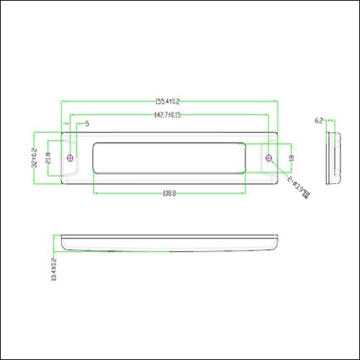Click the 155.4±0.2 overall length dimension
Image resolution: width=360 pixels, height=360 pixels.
168,102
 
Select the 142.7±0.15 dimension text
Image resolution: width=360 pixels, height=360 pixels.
167,114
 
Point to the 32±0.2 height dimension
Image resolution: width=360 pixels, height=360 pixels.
34,158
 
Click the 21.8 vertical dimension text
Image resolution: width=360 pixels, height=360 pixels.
48,157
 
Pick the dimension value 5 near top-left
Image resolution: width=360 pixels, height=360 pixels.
87,124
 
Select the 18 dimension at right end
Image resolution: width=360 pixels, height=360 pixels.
291,158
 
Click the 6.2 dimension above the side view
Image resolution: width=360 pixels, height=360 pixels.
320,122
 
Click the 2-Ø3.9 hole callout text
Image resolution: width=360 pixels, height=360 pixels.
300,186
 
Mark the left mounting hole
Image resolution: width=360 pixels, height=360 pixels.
70,158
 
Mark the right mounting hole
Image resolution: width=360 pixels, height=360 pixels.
269,157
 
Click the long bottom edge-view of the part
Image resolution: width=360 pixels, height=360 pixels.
169,243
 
